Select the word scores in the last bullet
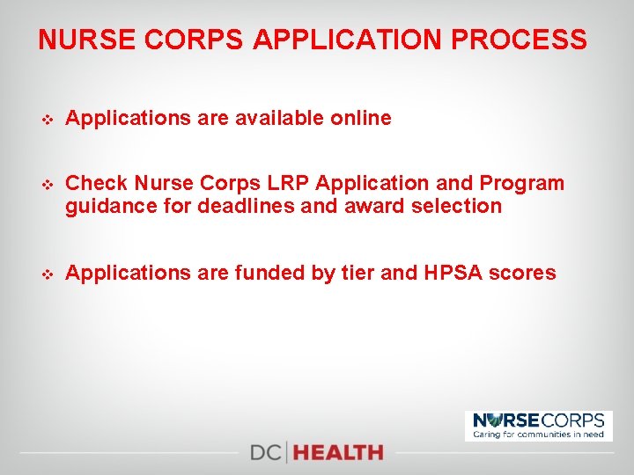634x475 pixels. click(x=527, y=273)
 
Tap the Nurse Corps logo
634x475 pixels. click(x=539, y=426)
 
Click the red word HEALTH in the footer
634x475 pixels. click(x=339, y=453)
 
